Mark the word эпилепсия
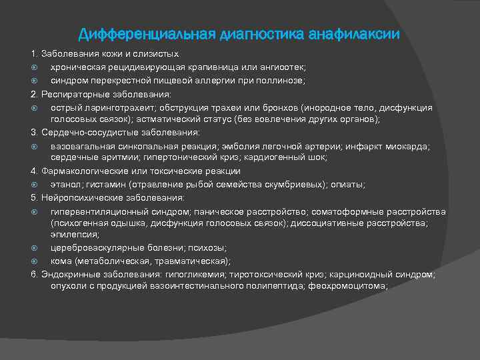pyautogui.click(x=75, y=234)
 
